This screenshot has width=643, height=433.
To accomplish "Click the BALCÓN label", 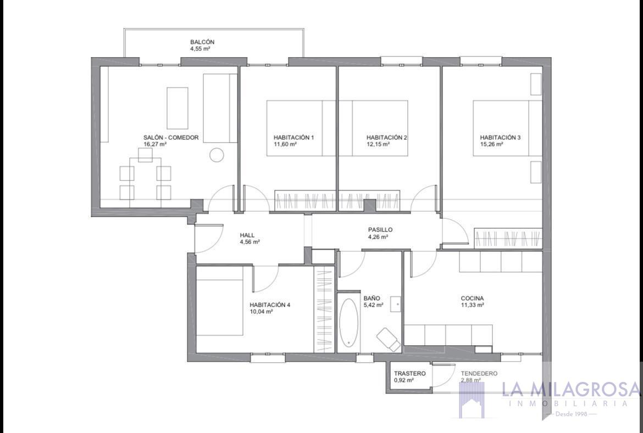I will [x=202, y=42].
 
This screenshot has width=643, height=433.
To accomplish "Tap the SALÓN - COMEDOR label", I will [x=171, y=138].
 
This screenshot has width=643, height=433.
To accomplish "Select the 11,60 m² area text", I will [x=285, y=144].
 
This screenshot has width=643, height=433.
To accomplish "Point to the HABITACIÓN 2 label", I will [x=386, y=138].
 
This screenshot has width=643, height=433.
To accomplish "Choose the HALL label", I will [x=247, y=235].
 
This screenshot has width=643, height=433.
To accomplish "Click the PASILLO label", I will [x=380, y=230].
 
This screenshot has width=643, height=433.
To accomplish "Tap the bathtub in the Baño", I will [x=348, y=322].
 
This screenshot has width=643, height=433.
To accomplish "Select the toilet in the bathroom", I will [x=389, y=339].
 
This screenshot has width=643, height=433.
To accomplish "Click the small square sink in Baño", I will [x=395, y=303].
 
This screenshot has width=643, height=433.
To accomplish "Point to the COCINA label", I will [x=472, y=299].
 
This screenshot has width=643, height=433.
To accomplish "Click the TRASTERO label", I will [x=409, y=373].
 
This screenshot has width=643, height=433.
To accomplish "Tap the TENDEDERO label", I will [x=479, y=373].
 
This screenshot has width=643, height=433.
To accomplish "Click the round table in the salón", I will [x=217, y=155].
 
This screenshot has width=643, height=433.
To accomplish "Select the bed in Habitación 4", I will [x=220, y=306].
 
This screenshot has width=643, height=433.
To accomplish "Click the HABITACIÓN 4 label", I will [x=269, y=305].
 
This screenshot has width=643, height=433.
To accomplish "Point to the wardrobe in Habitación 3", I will [x=508, y=239].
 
